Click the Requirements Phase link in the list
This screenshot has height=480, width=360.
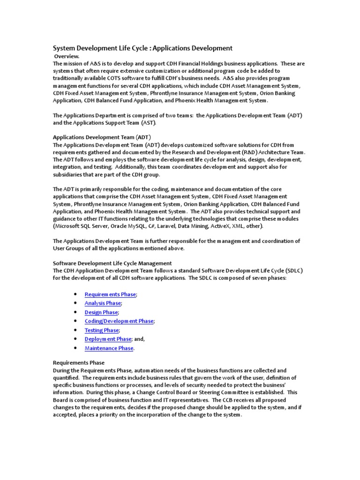click(110, 294)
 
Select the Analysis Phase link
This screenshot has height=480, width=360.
click(103, 303)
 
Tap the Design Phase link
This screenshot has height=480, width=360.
click(101, 312)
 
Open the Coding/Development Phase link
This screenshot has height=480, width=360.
click(119, 321)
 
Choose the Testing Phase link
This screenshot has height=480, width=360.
click(102, 330)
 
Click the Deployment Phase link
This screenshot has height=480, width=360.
click(108, 339)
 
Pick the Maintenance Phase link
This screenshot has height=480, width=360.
click(109, 348)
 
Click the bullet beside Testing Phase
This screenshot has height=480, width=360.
click(75, 330)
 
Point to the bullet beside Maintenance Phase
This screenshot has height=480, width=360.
click(75, 348)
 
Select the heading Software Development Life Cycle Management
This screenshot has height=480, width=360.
click(112, 263)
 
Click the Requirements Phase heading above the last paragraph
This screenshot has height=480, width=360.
click(78, 363)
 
